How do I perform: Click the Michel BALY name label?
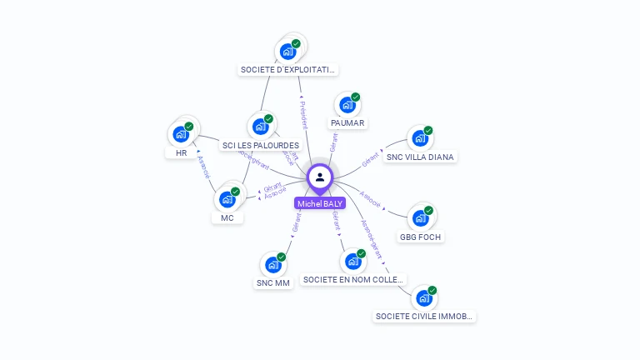[320, 203]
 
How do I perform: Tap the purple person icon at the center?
[320, 177]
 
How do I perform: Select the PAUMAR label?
[347, 123]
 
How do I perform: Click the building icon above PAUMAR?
[347, 106]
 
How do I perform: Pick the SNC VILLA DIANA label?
[421, 157]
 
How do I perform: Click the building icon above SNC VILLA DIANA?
[419, 139]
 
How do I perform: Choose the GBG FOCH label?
[421, 237]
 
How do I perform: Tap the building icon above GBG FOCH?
[420, 218]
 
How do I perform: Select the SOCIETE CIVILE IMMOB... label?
[425, 317]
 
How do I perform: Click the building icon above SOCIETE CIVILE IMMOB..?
[423, 298]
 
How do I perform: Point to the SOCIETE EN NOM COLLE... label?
[354, 280]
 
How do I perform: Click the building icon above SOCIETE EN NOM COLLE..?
[352, 262]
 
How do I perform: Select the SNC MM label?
[272, 283]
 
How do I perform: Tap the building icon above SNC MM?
[272, 265]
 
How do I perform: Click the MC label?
[227, 218]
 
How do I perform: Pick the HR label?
[181, 153]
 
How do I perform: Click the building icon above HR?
[181, 134]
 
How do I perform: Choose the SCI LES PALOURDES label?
[261, 146]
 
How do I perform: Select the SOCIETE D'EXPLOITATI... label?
[288, 70]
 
